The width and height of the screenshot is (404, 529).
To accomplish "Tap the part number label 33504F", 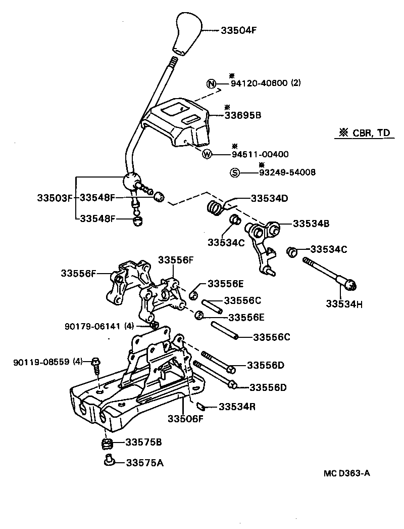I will [x=239, y=30].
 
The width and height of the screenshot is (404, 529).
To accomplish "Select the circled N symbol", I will [x=211, y=84].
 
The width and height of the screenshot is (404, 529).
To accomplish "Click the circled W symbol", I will [x=207, y=155].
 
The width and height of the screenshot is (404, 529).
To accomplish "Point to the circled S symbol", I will [x=234, y=172].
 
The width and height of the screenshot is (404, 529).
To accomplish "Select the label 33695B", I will [x=242, y=115].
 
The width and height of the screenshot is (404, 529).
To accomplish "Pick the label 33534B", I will [x=311, y=223].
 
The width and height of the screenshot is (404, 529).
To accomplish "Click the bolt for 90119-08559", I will [x=96, y=363].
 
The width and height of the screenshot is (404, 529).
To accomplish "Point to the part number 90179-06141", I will [x=92, y=326].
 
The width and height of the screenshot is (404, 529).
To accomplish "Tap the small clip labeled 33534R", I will [x=199, y=406].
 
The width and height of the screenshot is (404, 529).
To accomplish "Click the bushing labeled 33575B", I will [x=106, y=444].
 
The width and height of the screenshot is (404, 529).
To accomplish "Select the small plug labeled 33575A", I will [x=108, y=461].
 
